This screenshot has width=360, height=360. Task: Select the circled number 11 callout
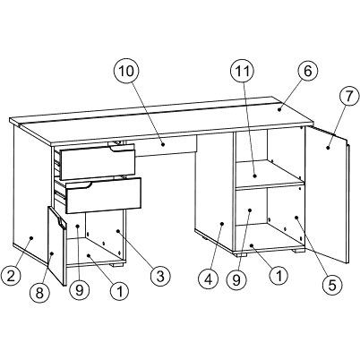(x=242, y=72)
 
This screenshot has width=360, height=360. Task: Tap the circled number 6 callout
(x=307, y=72)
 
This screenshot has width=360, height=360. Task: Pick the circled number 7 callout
(x=349, y=96)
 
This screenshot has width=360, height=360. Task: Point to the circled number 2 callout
(x=11, y=276)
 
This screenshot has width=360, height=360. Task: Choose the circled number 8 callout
(x=39, y=293)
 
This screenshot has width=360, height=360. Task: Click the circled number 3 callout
(x=160, y=276)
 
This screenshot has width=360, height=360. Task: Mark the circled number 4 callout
(x=209, y=279)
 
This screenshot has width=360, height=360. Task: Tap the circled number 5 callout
(x=332, y=285)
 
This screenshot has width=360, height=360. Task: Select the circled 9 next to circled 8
(x=79, y=289)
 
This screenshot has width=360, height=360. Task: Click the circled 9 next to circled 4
(x=236, y=279)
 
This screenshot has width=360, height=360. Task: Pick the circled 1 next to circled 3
(x=120, y=290)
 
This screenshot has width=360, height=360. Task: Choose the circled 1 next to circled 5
(x=279, y=276)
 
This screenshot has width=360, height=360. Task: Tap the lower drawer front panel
(x=103, y=196)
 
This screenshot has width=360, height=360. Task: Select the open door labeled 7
(x=327, y=194)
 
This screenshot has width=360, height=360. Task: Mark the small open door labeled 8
(x=56, y=245)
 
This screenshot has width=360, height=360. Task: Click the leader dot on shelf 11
(x=255, y=176)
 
